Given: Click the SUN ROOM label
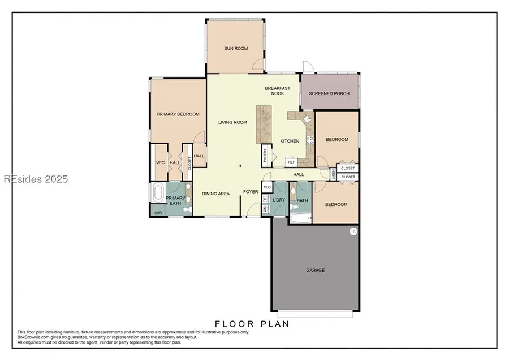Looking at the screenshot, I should click(x=236, y=49).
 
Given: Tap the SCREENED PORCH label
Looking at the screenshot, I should click(x=329, y=93).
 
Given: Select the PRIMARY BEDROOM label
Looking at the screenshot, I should click(x=178, y=114).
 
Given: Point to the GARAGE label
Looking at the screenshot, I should click(x=315, y=270).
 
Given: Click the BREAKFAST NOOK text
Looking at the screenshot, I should click(x=277, y=91).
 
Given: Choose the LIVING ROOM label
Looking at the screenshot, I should click(x=233, y=122).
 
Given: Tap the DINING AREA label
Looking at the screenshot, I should click(x=216, y=194).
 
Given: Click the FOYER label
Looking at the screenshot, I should click(x=251, y=192).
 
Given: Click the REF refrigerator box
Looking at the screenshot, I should click(x=291, y=162).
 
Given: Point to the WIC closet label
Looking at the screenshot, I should click(x=160, y=163).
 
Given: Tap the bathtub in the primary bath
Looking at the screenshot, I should click(x=157, y=192).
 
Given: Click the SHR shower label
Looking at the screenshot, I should click(x=158, y=213).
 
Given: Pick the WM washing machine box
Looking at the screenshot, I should click(x=265, y=209).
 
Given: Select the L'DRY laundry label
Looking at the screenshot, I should click(x=278, y=200).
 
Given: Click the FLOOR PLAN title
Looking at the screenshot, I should click(x=252, y=324).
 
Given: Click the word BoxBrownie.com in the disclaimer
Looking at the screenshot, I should click(x=33, y=337).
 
